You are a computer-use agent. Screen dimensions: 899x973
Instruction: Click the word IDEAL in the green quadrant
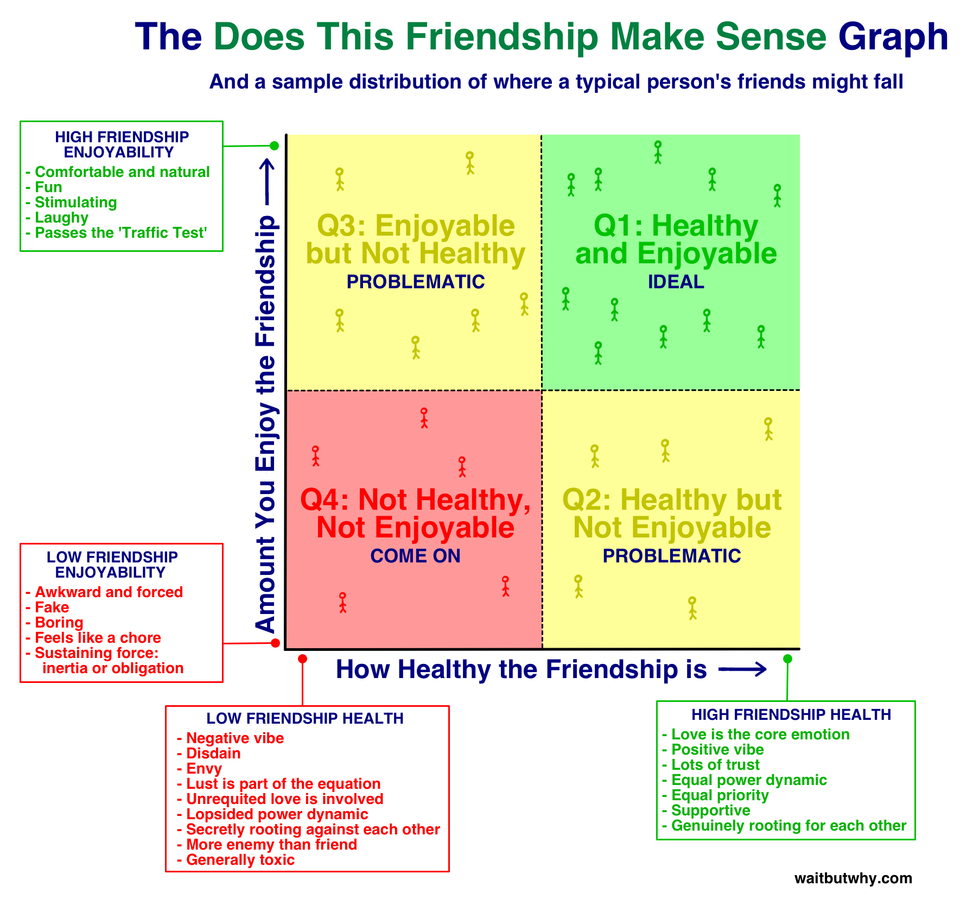tap(676, 282)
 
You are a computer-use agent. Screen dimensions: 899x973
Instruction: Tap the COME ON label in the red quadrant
tap(415, 556)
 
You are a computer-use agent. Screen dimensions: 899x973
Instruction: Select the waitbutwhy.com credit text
tap(853, 878)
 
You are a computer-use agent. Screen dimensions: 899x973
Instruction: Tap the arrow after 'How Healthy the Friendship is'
tap(742, 670)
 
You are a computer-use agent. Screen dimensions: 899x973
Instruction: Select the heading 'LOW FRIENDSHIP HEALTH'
tap(305, 719)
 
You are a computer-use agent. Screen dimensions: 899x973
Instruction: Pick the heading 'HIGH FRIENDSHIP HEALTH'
tap(791, 715)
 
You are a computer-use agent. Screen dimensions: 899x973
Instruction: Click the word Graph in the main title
tap(893, 37)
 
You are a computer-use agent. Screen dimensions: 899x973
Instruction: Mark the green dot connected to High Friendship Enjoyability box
tap(275, 145)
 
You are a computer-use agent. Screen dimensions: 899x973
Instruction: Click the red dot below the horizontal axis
tap(303, 659)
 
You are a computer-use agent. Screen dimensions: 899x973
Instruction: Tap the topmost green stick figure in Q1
tap(658, 152)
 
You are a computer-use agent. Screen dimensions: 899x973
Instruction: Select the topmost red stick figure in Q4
tap(424, 418)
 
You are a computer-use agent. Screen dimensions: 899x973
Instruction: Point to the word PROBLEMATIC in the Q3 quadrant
tap(415, 282)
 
